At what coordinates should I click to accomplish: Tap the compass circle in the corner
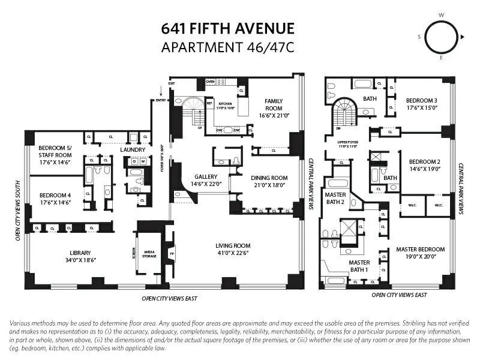[442, 37]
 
